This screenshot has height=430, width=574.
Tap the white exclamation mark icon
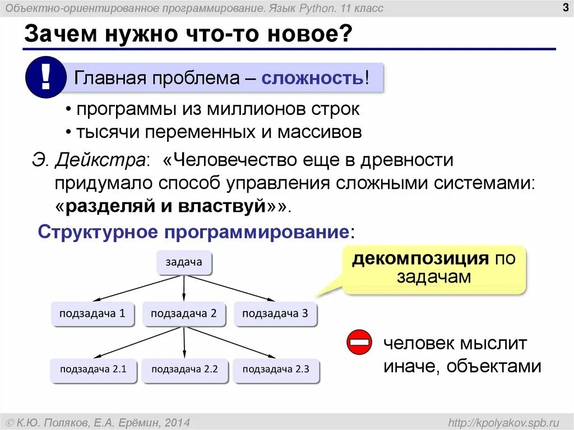click(45, 78)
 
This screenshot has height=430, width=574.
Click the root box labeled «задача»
click(184, 262)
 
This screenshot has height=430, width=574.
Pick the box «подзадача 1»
click(93, 313)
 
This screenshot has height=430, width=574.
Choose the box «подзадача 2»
click(184, 313)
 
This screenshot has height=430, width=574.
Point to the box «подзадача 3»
click(275, 313)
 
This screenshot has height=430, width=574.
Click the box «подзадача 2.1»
click(93, 369)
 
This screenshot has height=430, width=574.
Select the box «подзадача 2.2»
click(184, 369)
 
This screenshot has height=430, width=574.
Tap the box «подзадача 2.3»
click(275, 369)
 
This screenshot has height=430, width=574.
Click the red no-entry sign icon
click(359, 342)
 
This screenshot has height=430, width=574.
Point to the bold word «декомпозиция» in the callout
click(419, 259)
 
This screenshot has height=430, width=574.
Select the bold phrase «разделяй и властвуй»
click(165, 206)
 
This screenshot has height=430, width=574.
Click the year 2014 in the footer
click(177, 422)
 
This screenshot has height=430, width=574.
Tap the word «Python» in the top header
click(318, 8)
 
